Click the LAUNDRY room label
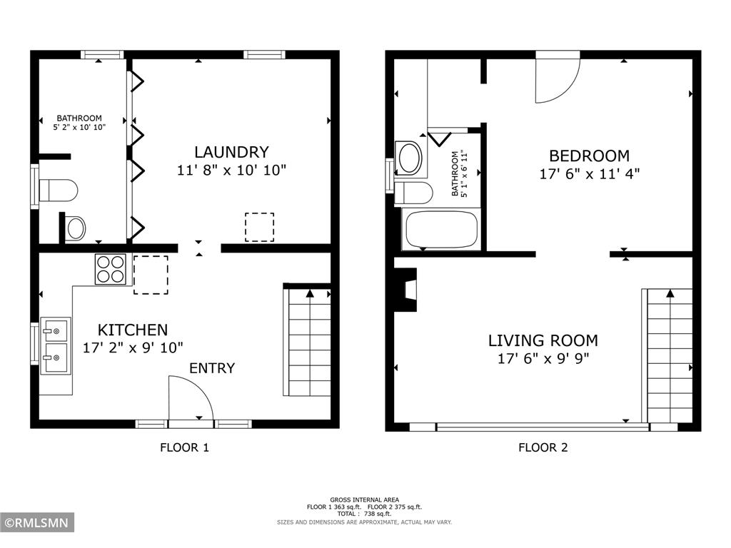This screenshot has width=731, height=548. point(231,152)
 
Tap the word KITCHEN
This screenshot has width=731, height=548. point(133,330)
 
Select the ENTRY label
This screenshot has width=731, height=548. point(212,368)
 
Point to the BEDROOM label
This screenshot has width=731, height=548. point(589,156)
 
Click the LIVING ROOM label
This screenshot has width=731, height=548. point(543,340)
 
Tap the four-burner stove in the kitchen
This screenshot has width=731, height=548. point(111,270)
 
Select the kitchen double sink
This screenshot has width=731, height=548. point(56,346)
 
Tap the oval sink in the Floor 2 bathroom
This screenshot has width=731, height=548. point(410,158)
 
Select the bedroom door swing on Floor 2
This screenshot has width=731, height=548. point(557,77)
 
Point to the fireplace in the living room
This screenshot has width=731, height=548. point(408,290)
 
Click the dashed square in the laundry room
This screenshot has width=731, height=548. point(259,227)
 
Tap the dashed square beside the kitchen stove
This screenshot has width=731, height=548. point(151,275)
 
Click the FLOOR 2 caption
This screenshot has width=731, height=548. point(543,448)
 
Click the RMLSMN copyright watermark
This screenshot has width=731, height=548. point(37,523)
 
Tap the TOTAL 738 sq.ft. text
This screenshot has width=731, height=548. point(364,514)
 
